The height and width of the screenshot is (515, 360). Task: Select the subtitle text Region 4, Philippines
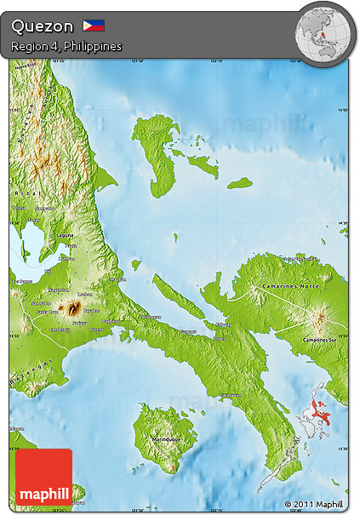pyautogui.click(x=66, y=45)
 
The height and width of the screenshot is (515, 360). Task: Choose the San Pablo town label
pyautogui.click(x=40, y=303)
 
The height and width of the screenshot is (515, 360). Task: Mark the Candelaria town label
pyautogui.click(x=60, y=329)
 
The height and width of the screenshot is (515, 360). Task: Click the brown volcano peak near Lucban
pyautogui.click(x=75, y=306)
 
